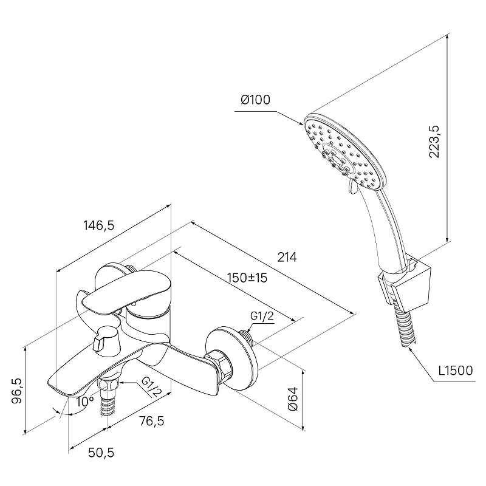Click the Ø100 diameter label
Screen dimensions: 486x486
[x=256, y=100]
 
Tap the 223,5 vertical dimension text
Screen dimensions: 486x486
[x=434, y=142]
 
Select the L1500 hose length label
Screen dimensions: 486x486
[x=455, y=371]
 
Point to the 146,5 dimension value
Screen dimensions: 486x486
[x=99, y=225]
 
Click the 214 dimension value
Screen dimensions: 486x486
[x=287, y=257]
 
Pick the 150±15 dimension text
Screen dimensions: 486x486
[x=247, y=278]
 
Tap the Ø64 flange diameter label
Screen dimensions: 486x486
[x=293, y=399]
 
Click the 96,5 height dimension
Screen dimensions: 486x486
[x=17, y=391]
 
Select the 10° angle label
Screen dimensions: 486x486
[x=85, y=402]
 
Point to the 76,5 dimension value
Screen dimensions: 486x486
[x=151, y=421]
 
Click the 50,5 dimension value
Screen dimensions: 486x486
[x=101, y=453]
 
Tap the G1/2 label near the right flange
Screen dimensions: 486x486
[x=262, y=316]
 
